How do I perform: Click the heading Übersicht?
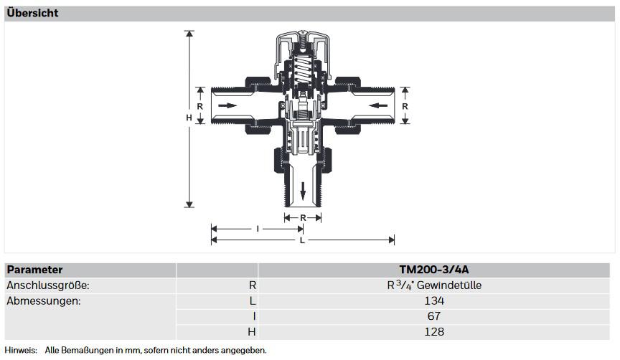(x=32, y=13)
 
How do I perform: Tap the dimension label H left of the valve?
(x=189, y=118)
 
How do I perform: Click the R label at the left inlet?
(x=200, y=106)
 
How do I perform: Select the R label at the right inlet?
(x=405, y=106)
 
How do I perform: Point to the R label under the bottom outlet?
(x=303, y=218)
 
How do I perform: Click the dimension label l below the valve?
(x=258, y=229)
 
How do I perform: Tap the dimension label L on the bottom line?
(x=302, y=240)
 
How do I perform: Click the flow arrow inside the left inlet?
(x=227, y=105)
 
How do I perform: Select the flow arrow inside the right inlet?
(x=378, y=105)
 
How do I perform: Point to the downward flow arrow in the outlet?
(x=303, y=191)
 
